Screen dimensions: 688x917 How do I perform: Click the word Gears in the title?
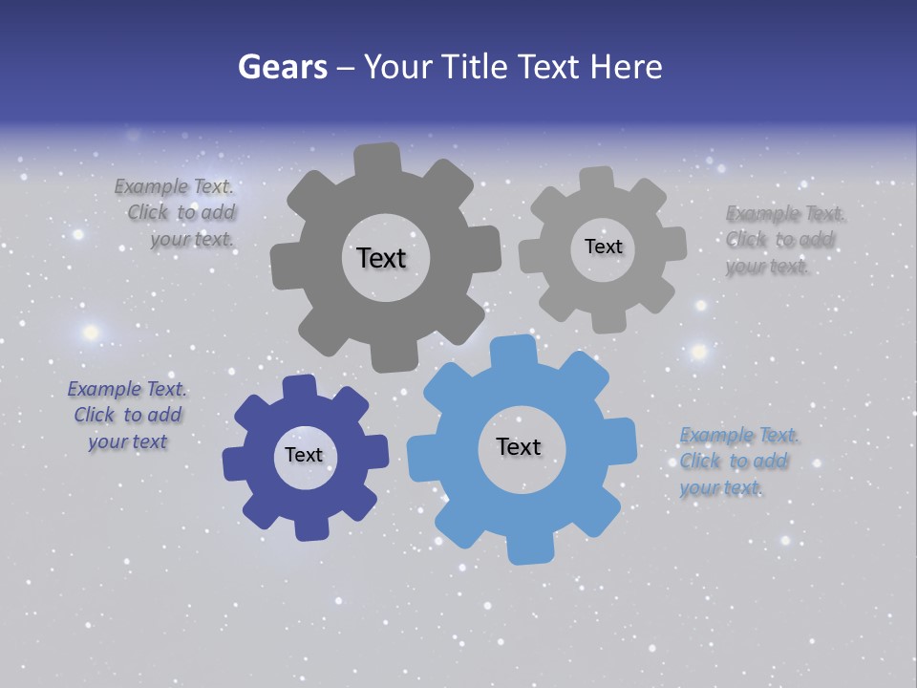tap(282, 67)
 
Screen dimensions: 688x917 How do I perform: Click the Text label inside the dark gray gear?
tap(381, 258)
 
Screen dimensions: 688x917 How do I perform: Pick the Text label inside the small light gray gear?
tap(603, 247)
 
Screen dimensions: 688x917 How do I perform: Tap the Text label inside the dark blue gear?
tap(304, 455)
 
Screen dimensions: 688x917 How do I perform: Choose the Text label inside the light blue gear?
tap(519, 446)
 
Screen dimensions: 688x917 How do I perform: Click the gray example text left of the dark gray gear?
tap(181, 213)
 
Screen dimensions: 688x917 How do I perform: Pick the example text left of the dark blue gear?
tap(127, 415)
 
